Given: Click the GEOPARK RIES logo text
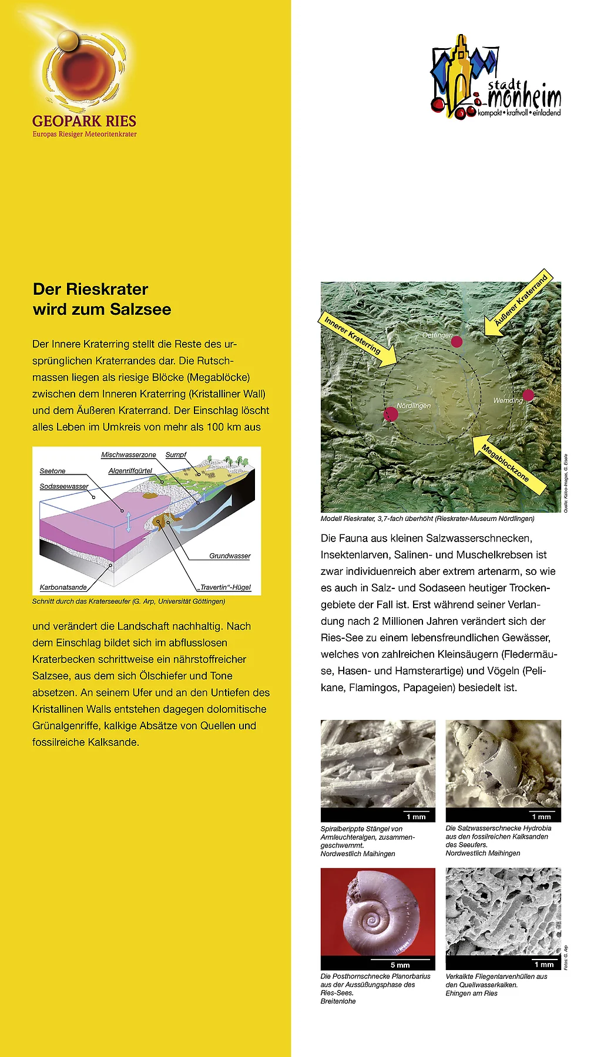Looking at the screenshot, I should pyautogui.click(x=84, y=122).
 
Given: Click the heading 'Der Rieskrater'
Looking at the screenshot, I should pyautogui.click(x=90, y=289).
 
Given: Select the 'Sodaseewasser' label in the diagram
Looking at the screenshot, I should pyautogui.click(x=64, y=486).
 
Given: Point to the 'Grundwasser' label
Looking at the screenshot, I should pyautogui.click(x=230, y=556).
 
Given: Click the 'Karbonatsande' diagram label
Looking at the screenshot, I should pyautogui.click(x=63, y=587).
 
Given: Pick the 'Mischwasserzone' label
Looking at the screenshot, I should pyautogui.click(x=129, y=455).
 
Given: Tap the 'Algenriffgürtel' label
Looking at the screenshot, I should pyautogui.click(x=130, y=471).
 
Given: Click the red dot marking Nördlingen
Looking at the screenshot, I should pyautogui.click(x=391, y=414).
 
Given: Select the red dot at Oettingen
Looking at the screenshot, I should pyautogui.click(x=457, y=342).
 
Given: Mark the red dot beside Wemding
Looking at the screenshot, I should pyautogui.click(x=528, y=395).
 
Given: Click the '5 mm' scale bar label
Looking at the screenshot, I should pyautogui.click(x=400, y=965).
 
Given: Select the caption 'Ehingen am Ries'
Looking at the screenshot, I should pyautogui.click(x=471, y=994).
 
